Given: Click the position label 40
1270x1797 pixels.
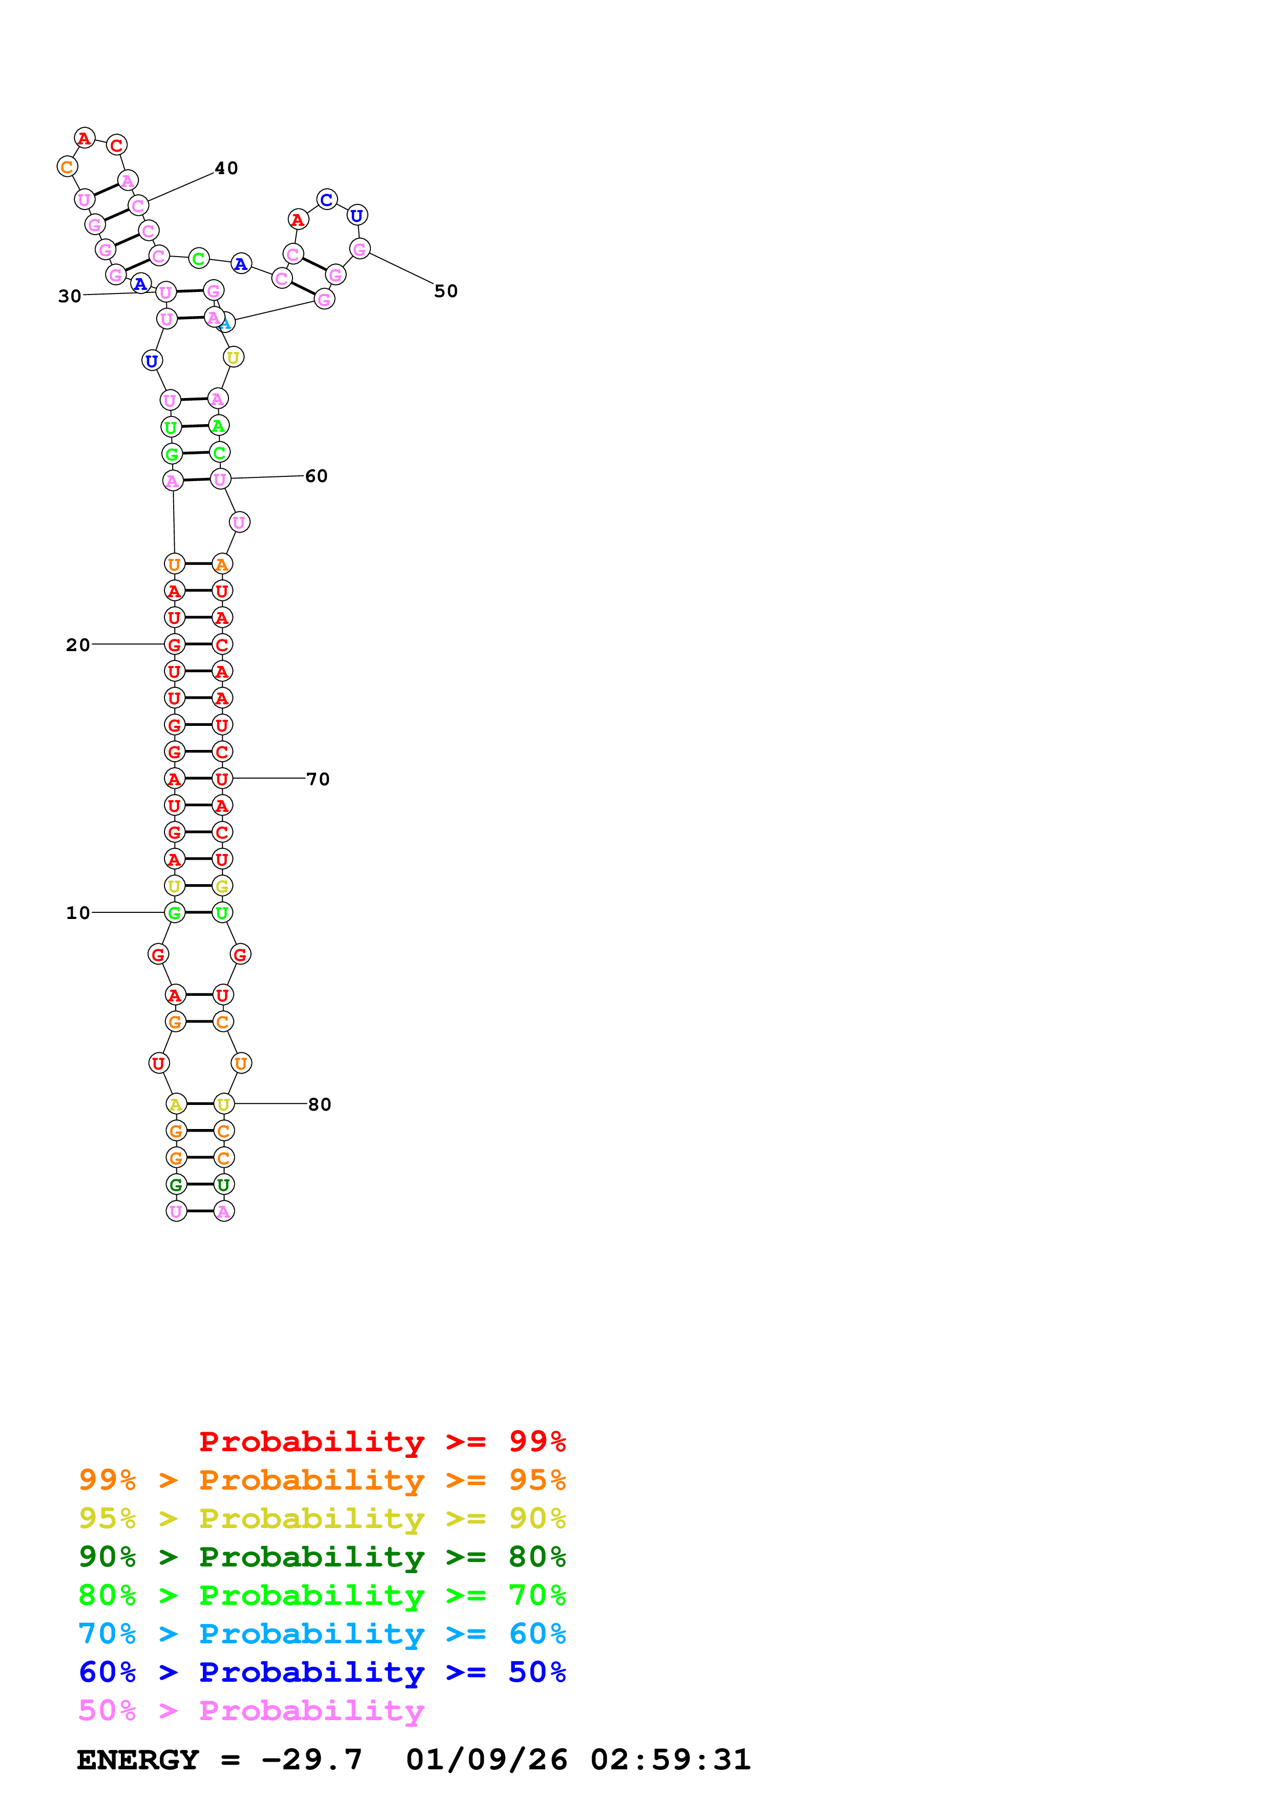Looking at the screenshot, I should pyautogui.click(x=226, y=168).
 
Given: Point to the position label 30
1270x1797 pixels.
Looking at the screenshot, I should pyautogui.click(x=70, y=296).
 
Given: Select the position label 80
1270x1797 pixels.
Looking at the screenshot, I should pyautogui.click(x=319, y=1104).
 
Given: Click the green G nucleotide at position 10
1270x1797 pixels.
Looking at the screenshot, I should pyautogui.click(x=175, y=913).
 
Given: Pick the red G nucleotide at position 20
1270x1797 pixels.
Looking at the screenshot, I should pyautogui.click(x=175, y=645).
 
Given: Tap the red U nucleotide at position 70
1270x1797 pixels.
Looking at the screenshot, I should pyautogui.click(x=222, y=779).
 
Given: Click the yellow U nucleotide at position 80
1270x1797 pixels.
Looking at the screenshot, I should pyautogui.click(x=224, y=1104).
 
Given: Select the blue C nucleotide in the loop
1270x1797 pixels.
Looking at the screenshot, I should pyautogui.click(x=327, y=200).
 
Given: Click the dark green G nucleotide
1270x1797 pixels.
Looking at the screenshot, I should pyautogui.click(x=176, y=1185).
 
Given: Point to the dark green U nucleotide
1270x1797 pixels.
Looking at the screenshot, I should pyautogui.click(x=224, y=1185).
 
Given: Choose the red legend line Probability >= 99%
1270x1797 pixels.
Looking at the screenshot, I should pyautogui.click(x=382, y=1441).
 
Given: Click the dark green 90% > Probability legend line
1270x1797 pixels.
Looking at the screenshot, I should pyautogui.click(x=322, y=1557).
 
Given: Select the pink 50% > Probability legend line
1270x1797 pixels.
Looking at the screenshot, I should pyautogui.click(x=251, y=1711).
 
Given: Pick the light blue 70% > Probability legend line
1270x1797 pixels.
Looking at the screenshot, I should pyautogui.click(x=322, y=1634).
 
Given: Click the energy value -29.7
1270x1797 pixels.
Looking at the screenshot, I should pyautogui.click(x=311, y=1760).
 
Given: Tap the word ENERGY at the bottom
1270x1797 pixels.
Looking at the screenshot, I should pyautogui.click(x=138, y=1760).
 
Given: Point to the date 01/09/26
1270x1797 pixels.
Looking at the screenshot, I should pyautogui.click(x=486, y=1760).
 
